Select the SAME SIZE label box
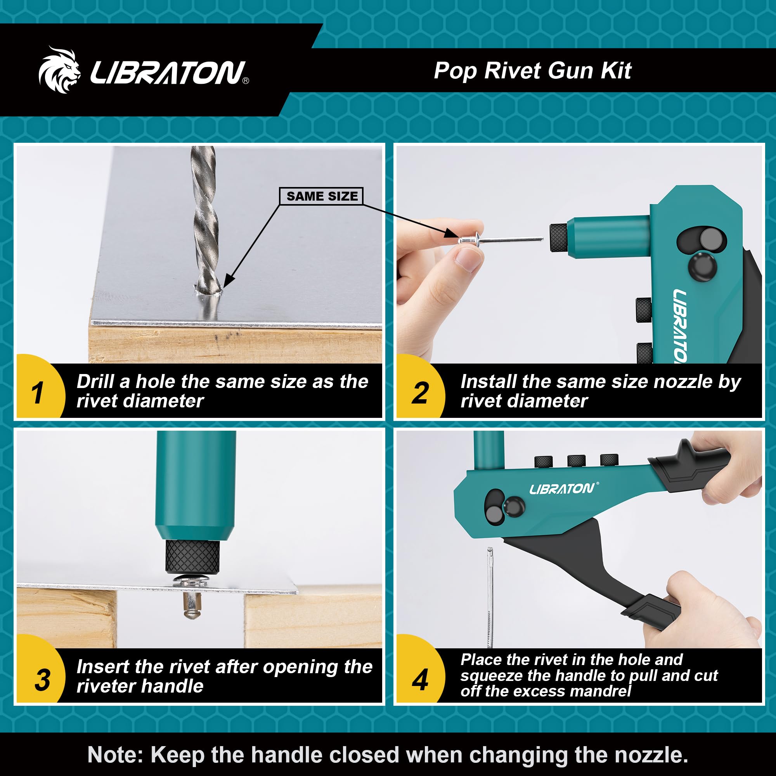(321, 196)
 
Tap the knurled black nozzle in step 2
(558, 238)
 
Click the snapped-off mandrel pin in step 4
(490, 594)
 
